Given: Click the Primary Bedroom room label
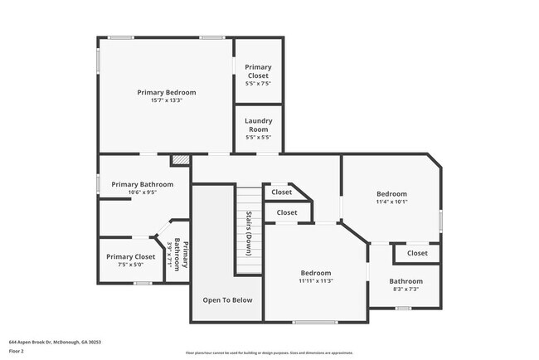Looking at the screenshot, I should click(x=167, y=92).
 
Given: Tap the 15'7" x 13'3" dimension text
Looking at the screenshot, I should click(x=167, y=101).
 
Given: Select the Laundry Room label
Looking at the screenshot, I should click(x=258, y=125).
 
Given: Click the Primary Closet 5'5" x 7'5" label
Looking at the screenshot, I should click(x=258, y=75).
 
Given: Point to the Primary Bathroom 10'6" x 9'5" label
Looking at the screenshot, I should click(x=143, y=188).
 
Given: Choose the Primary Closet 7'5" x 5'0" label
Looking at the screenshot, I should click(x=130, y=261).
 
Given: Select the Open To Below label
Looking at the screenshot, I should click(x=228, y=300).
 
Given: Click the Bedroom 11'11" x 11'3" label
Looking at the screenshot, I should click(x=316, y=277).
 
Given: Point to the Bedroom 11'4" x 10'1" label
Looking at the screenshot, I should click(x=391, y=197).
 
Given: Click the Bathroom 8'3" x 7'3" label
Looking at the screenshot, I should click(x=406, y=285).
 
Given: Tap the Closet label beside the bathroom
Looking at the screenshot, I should click(x=417, y=253).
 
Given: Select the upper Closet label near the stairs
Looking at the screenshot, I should click(x=282, y=192).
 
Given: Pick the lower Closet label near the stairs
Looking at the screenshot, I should click(x=287, y=213).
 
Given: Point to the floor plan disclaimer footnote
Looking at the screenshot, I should click(x=269, y=352).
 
